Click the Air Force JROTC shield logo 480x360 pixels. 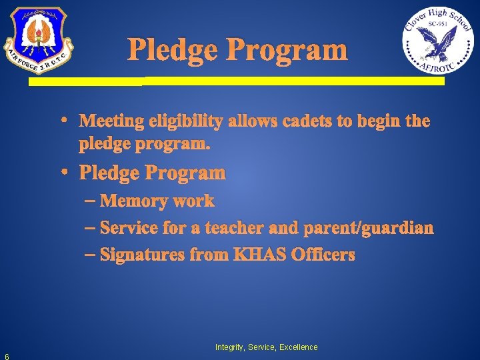[37, 40]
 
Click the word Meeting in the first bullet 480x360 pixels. [111, 121]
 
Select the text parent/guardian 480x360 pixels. [368, 228]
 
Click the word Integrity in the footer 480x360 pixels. [229, 347]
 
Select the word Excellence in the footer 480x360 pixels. [299, 347]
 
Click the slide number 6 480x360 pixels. [6, 355]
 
